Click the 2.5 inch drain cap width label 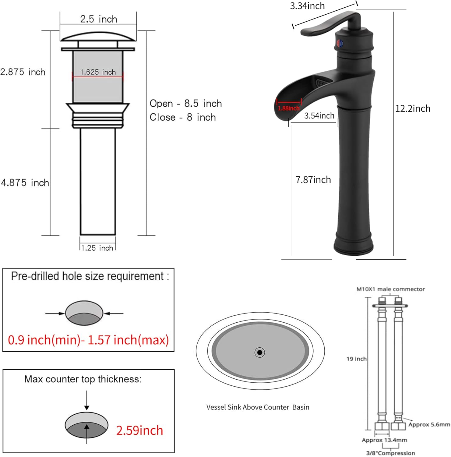[x=98, y=19]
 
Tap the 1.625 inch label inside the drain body [x=98, y=72]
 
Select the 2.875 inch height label [x=23, y=72]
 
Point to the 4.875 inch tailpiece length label [x=25, y=183]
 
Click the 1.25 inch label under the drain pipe [x=97, y=248]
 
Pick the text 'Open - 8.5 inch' [x=185, y=104]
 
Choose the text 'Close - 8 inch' [x=182, y=117]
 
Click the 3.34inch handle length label [x=307, y=6]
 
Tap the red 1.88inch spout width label [x=288, y=108]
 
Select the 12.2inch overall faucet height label [x=413, y=108]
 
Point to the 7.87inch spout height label [x=313, y=180]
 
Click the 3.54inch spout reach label [x=319, y=116]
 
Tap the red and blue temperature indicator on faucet [x=339, y=44]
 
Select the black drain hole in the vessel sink [x=259, y=352]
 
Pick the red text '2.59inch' [x=139, y=430]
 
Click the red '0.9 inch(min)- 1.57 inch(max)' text [x=88, y=340]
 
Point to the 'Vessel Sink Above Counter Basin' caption [x=258, y=407]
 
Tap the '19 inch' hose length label [x=356, y=359]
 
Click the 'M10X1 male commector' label [x=390, y=289]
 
